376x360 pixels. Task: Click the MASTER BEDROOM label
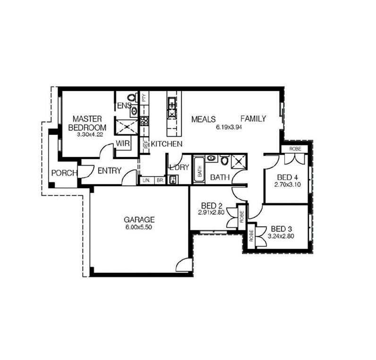(x=87, y=123)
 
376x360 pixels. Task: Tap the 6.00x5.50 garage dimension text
(x=139, y=227)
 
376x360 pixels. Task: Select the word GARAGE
(x=139, y=219)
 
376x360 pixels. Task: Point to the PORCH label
(x=64, y=173)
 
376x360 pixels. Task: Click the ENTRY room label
(x=110, y=170)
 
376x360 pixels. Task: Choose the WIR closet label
(x=123, y=143)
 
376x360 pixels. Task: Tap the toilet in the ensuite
(x=132, y=97)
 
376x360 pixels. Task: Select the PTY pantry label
(x=144, y=98)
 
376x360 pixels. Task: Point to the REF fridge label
(x=146, y=145)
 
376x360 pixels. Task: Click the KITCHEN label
(x=167, y=144)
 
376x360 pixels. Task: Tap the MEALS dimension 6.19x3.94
(x=229, y=127)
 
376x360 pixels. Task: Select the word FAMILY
(x=253, y=118)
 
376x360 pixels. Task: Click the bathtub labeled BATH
(x=199, y=170)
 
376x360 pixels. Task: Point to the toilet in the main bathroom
(x=225, y=160)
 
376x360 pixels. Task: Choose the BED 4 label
(x=288, y=177)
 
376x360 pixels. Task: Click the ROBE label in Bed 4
(x=295, y=149)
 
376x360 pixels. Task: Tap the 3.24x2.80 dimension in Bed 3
(x=281, y=236)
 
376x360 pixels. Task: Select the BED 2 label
(x=212, y=206)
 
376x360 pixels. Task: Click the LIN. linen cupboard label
(x=146, y=181)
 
